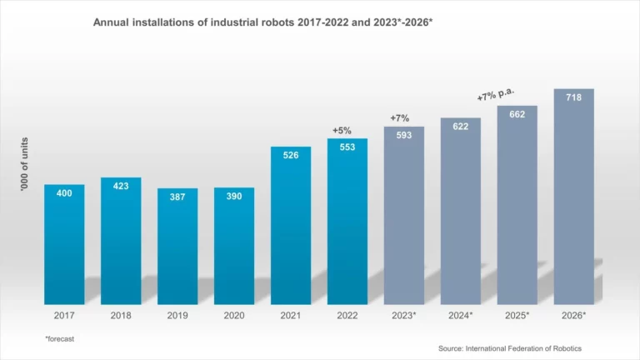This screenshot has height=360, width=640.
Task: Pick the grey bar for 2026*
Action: pos(573,200)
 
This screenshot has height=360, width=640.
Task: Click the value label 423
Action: pos(121,186)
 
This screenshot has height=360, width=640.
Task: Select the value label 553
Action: pos(347,147)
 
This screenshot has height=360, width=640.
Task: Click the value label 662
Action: pos(517,114)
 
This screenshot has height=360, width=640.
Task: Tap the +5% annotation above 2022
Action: pos(343,130)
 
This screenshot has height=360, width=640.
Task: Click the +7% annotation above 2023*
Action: pos(400,118)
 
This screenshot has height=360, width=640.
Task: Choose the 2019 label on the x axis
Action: pos(177,316)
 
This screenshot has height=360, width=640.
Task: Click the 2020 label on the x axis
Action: pos(234,316)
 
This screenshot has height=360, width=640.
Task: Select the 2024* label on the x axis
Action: pos(460,316)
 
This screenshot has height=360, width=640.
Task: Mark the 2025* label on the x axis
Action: pos(517,316)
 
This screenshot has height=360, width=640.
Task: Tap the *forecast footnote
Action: pos(61,338)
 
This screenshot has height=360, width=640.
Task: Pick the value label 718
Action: pos(573,97)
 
